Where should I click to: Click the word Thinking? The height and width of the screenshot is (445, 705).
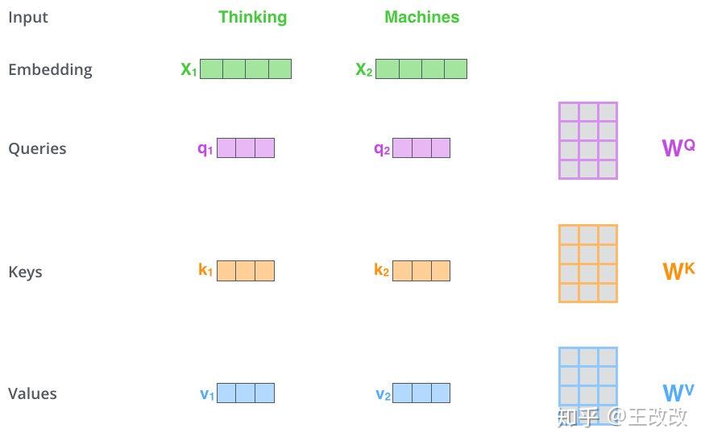pos(253,18)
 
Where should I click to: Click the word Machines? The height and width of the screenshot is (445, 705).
pos(421,17)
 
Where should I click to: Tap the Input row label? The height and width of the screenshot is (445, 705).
pos(28,18)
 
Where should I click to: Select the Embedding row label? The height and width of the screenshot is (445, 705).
pos(50,70)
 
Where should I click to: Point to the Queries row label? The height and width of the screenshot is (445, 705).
pos(37,148)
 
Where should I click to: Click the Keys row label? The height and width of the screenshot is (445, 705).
pos(25,272)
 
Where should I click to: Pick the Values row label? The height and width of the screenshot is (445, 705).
pos(32,393)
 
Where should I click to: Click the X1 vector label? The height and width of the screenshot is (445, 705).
pos(189,69)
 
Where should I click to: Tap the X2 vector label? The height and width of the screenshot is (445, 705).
pos(364,69)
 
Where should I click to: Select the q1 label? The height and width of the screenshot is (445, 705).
pos(205,148)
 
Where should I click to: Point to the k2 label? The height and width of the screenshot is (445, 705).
pos(381,269)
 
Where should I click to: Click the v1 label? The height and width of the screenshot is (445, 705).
pos(207,394)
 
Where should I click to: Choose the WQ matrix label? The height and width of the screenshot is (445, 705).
pos(678,148)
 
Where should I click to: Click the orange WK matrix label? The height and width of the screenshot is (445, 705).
pos(678,271)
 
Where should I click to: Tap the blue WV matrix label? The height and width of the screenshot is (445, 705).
pos(678,393)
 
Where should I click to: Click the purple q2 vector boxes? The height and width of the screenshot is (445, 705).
pos(421,148)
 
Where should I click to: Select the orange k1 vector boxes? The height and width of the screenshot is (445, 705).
pos(246,271)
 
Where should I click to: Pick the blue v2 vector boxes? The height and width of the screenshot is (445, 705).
pos(421,393)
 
